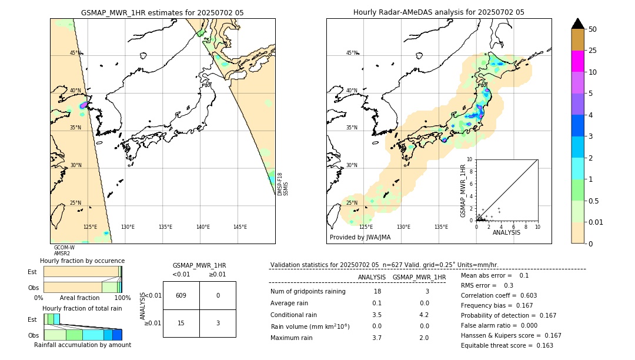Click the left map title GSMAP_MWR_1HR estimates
162,12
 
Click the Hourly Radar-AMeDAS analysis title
439,12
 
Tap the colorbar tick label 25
593,51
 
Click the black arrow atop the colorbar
578,24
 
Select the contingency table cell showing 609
181,296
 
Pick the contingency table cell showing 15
181,323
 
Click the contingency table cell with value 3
218,323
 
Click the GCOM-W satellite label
64,248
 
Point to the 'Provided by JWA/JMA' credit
360,238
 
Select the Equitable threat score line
507,345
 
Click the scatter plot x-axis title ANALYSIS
506,232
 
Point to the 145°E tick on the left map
240,227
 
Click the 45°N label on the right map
352,53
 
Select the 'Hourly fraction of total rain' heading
82,308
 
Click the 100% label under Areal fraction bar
122,298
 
